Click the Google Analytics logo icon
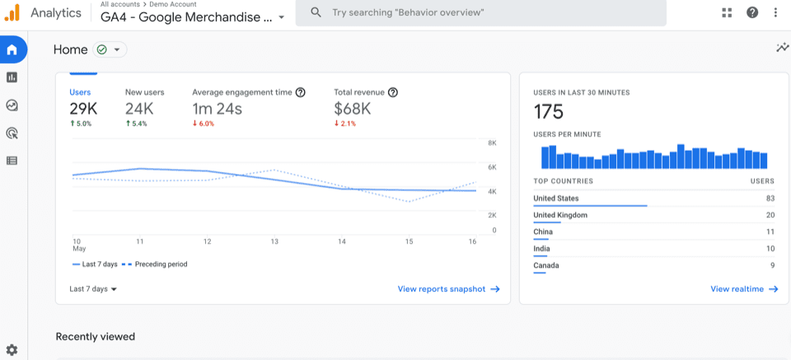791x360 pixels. pos(12,12)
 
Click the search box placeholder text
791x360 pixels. pos(408,13)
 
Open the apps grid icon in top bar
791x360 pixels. pos(727,12)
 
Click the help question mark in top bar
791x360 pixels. pos(752,12)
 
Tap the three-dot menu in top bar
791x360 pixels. pos(775,12)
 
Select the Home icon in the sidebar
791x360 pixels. pos(12,49)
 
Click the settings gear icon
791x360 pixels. pos(12,350)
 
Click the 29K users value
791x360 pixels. pos(83,109)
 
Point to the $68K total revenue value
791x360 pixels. pos(352,109)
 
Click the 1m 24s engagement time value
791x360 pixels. pos(217,109)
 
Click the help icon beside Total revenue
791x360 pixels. pos(393,92)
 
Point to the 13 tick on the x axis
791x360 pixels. pos(274,241)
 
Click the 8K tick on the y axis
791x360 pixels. pos(491,143)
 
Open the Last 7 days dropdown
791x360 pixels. pos(93,289)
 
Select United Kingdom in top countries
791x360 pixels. pos(560,215)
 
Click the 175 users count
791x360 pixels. pos(548,112)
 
